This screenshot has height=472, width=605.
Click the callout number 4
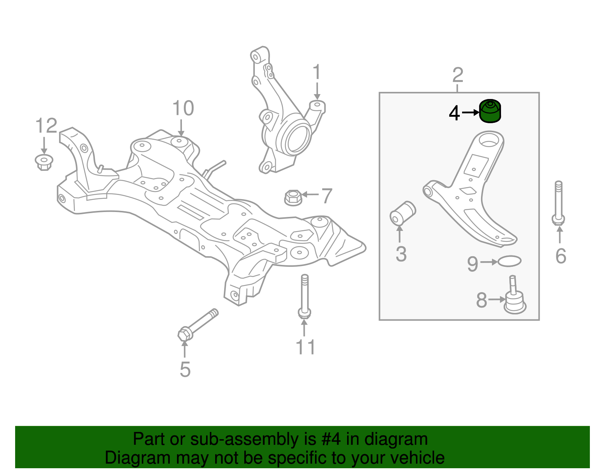pyautogui.click(x=454, y=113)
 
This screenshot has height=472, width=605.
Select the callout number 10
pyautogui.click(x=183, y=108)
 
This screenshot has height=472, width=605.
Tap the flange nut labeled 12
pyautogui.click(x=43, y=162)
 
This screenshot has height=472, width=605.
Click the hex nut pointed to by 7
pyautogui.click(x=293, y=198)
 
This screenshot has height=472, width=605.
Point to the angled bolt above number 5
pyautogui.click(x=198, y=324)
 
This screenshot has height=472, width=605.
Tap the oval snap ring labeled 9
pyautogui.click(x=509, y=261)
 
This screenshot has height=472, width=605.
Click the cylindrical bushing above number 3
pyautogui.click(x=402, y=213)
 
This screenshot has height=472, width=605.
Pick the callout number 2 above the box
pyautogui.click(x=458, y=75)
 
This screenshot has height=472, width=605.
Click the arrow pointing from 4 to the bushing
pyautogui.click(x=470, y=113)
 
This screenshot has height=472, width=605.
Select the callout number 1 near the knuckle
pyautogui.click(x=317, y=72)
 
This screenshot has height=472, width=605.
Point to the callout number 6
pyautogui.click(x=560, y=256)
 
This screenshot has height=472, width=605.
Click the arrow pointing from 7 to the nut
pyautogui.click(x=310, y=195)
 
